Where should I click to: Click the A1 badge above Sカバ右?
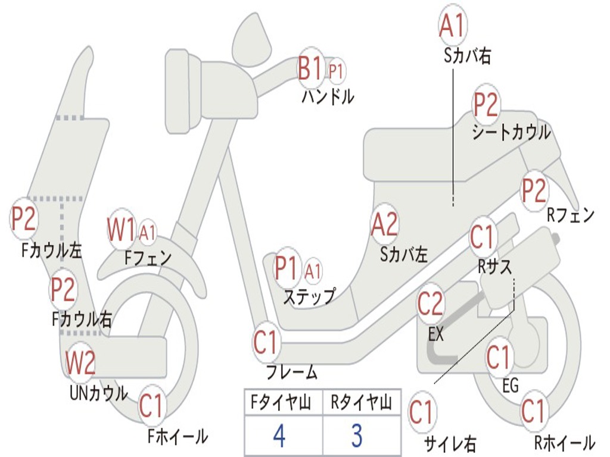[452, 25]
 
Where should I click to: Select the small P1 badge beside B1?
[337, 71]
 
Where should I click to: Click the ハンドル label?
[328, 96]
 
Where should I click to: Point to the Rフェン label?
[571, 215]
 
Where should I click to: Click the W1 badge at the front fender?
[121, 228]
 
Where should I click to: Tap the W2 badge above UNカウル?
[80, 363]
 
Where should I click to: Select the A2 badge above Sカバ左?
[384, 224]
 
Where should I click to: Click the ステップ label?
[309, 296]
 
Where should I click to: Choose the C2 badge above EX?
[430, 305]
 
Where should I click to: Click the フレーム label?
[292, 373]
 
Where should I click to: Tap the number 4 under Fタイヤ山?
[279, 436]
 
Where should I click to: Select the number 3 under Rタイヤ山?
[356, 436]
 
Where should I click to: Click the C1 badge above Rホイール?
[533, 412]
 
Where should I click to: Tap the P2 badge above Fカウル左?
[24, 218]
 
